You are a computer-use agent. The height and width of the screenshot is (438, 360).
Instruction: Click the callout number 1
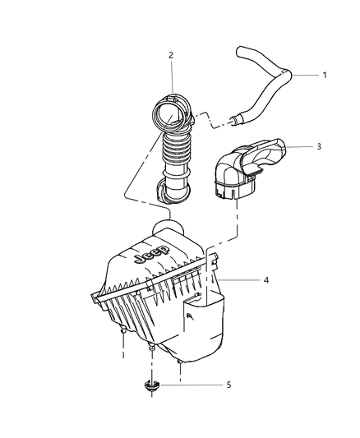coord(325,75)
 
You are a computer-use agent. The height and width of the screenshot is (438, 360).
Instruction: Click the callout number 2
coord(171,55)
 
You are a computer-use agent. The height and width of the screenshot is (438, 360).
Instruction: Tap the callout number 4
coord(265,281)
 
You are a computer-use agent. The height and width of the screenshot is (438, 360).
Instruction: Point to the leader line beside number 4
coord(243,281)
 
